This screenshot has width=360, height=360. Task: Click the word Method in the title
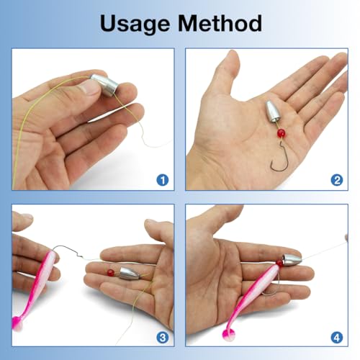click(x=220, y=23)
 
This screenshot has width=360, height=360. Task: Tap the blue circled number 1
click(x=163, y=180)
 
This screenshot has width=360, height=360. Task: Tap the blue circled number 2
click(x=337, y=180)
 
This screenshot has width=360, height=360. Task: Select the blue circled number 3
click(x=163, y=338)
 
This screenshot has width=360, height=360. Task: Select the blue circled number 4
click(x=337, y=338)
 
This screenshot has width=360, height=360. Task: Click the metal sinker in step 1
click(x=104, y=85)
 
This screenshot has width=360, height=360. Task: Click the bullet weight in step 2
click(x=273, y=112)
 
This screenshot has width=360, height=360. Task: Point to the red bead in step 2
click(x=281, y=133)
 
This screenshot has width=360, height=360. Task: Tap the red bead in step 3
click(x=111, y=273)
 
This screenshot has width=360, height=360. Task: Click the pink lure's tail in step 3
click(x=17, y=323)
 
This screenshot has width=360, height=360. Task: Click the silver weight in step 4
click(x=292, y=258)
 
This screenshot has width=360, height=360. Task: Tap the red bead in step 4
click(x=279, y=263)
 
